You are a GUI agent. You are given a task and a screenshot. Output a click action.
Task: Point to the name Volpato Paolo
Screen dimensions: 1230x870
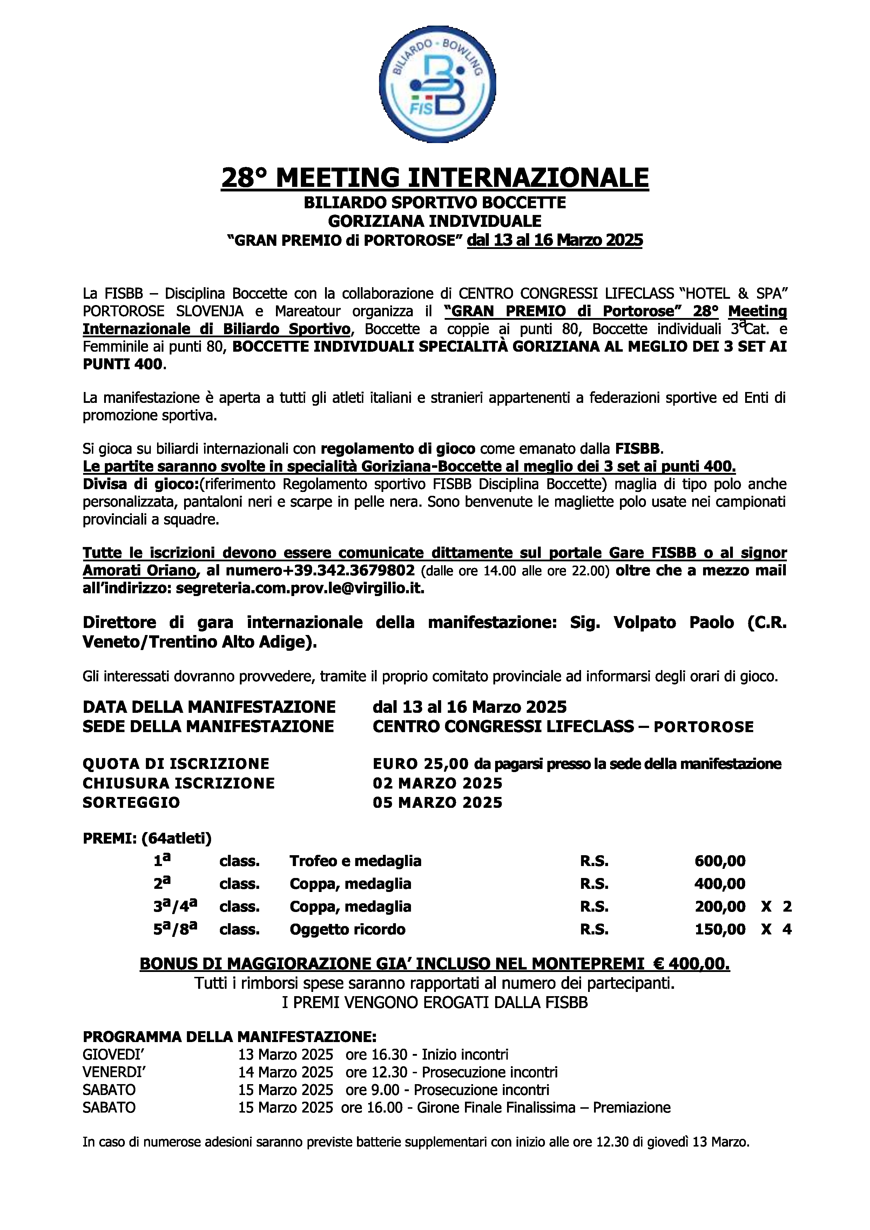[673, 622]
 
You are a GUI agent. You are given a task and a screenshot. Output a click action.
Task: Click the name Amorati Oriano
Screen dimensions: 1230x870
[139, 570]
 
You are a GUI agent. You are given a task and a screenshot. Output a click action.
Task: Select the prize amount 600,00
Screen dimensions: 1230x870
[720, 861]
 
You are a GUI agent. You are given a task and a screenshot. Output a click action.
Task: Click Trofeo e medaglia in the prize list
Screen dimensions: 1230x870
[355, 861]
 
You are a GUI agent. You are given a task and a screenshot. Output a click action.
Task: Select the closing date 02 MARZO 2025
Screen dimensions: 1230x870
[437, 783]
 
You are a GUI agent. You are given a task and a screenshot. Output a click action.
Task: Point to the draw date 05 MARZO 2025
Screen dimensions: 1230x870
[437, 803]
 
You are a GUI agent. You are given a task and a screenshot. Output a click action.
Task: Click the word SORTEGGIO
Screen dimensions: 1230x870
[131, 803]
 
